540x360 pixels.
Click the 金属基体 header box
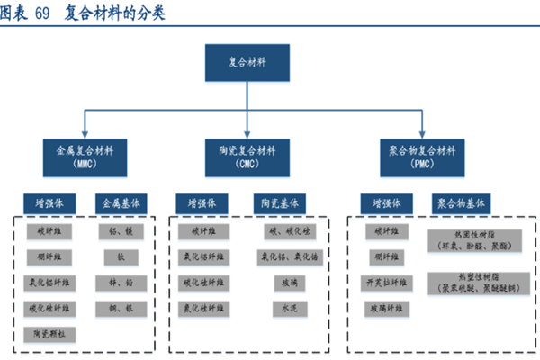coord(121,203)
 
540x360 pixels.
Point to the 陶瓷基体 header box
coord(277,203)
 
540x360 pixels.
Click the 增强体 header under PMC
coord(382,203)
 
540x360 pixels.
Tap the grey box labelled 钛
coord(121,256)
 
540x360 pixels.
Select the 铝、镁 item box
coord(121,231)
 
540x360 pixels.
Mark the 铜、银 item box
coord(121,308)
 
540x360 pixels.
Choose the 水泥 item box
coord(283,308)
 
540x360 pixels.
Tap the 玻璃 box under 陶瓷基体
coord(283,283)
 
